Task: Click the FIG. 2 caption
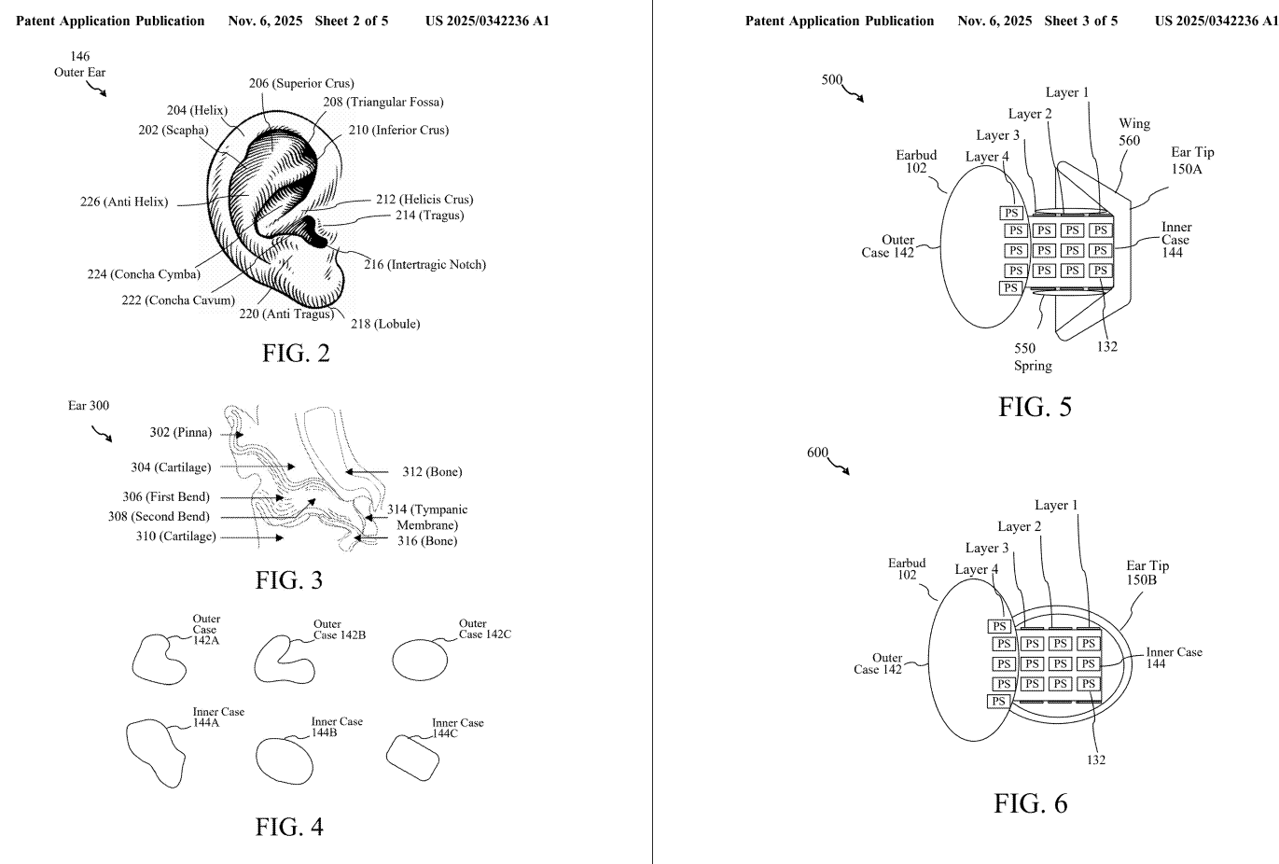click(x=296, y=355)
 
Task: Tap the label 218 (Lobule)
click(x=384, y=324)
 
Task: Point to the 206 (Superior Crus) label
click(x=301, y=83)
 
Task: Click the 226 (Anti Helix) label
click(x=124, y=202)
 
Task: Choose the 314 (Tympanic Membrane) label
click(x=427, y=517)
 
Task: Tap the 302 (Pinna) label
click(x=180, y=432)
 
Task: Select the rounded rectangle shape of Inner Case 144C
click(x=411, y=756)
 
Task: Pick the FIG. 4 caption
click(x=289, y=827)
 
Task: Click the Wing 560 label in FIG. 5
click(x=1133, y=132)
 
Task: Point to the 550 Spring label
click(x=1032, y=357)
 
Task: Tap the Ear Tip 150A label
click(x=1192, y=160)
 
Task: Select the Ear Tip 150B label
click(x=1147, y=573)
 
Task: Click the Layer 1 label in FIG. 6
click(x=1056, y=505)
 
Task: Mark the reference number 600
click(x=817, y=453)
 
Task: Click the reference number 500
click(x=832, y=79)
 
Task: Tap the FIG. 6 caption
click(x=1030, y=803)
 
